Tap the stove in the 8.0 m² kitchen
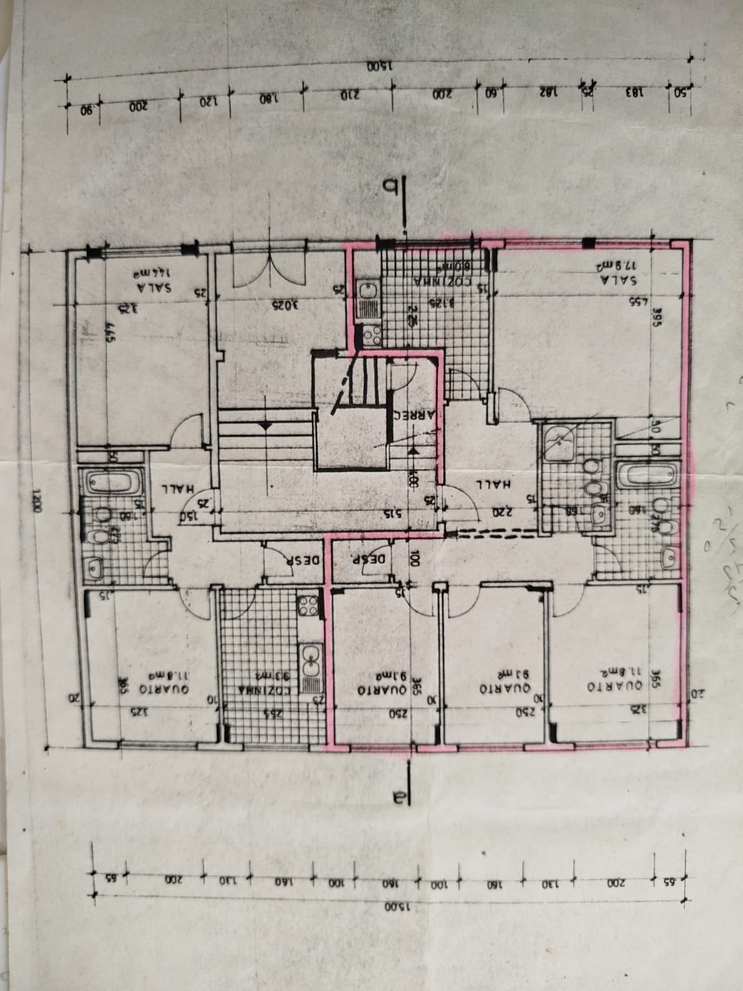click(372, 335)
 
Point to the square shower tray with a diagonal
click(561, 440)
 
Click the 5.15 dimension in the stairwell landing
click(393, 513)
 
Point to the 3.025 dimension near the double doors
click(277, 304)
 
